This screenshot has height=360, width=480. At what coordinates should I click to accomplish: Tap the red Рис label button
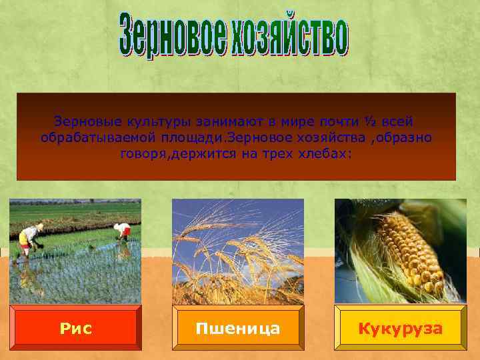(75, 328)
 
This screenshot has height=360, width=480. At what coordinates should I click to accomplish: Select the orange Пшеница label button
(238, 328)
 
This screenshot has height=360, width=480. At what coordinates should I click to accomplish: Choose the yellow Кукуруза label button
(401, 328)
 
